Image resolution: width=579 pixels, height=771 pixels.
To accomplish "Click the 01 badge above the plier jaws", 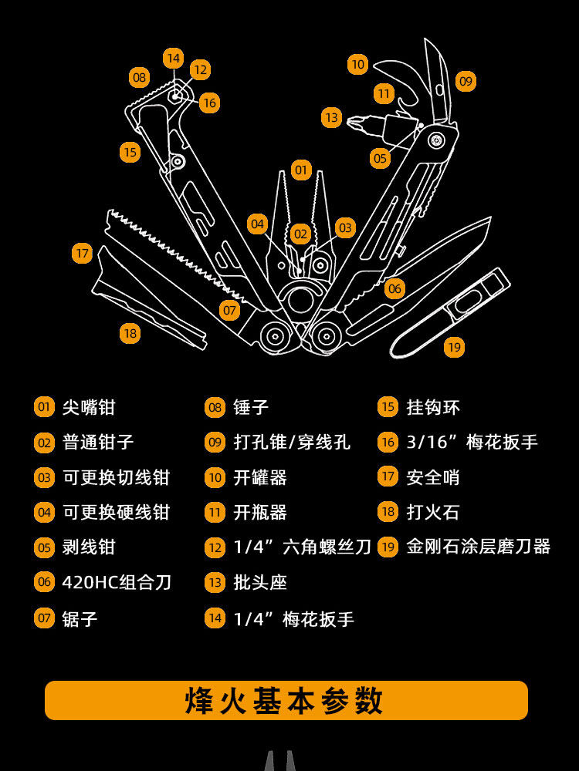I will point(301,170).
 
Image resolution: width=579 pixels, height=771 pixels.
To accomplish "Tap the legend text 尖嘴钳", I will point(89,407).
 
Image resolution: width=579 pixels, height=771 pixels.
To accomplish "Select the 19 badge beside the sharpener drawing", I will point(455,347).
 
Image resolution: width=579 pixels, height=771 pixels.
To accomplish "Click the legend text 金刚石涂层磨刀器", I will point(478,547).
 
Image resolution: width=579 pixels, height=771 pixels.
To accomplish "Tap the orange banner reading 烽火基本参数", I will point(286,701).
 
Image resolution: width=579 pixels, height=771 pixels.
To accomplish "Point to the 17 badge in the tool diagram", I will point(83,253).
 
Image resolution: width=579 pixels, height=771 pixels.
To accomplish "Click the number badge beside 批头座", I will point(215,582).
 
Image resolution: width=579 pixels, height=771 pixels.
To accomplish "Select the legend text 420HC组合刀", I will point(117,582).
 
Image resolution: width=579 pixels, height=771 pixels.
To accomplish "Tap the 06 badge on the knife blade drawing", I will point(394,289).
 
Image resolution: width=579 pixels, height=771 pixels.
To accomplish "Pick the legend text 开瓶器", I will point(260,512).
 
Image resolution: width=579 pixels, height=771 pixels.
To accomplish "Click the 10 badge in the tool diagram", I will point(357,65).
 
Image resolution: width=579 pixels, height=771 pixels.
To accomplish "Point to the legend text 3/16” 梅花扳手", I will point(472,442).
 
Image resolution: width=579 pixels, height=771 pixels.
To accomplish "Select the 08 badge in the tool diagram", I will point(139,77).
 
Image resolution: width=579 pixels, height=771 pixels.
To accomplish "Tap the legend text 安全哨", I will point(432,477).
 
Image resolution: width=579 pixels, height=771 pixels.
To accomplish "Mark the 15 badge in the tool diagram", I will point(130,152).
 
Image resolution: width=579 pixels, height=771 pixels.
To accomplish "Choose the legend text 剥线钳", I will point(89,547).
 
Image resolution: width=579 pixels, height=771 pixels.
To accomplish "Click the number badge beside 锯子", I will point(45,618).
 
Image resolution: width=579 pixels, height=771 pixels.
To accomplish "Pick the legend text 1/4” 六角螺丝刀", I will point(302,547).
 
